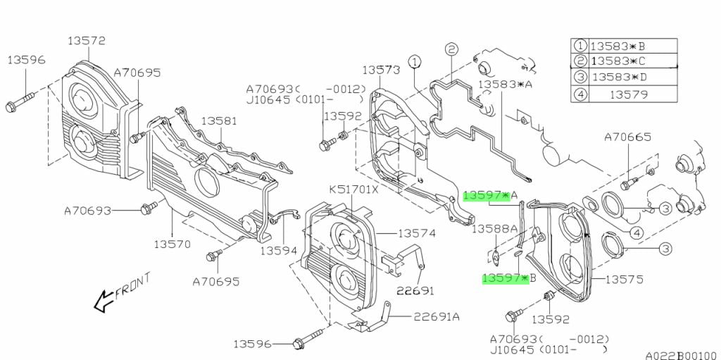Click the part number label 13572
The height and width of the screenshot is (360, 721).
[x=87, y=41]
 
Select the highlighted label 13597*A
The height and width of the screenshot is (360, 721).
[x=491, y=194]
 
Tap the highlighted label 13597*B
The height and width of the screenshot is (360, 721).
[x=509, y=278]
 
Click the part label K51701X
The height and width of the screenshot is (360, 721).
[x=353, y=190]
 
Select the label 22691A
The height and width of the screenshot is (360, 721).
[x=436, y=316]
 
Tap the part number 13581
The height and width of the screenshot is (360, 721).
[x=220, y=121]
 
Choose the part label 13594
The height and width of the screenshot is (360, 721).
[x=279, y=250]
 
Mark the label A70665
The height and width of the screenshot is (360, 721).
[x=627, y=137]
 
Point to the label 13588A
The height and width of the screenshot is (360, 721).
[x=494, y=228]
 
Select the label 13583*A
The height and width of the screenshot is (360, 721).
[x=505, y=85]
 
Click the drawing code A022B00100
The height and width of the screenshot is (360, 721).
[x=680, y=355]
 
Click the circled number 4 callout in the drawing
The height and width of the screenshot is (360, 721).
[x=636, y=233]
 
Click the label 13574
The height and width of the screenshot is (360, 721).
[x=417, y=233]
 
